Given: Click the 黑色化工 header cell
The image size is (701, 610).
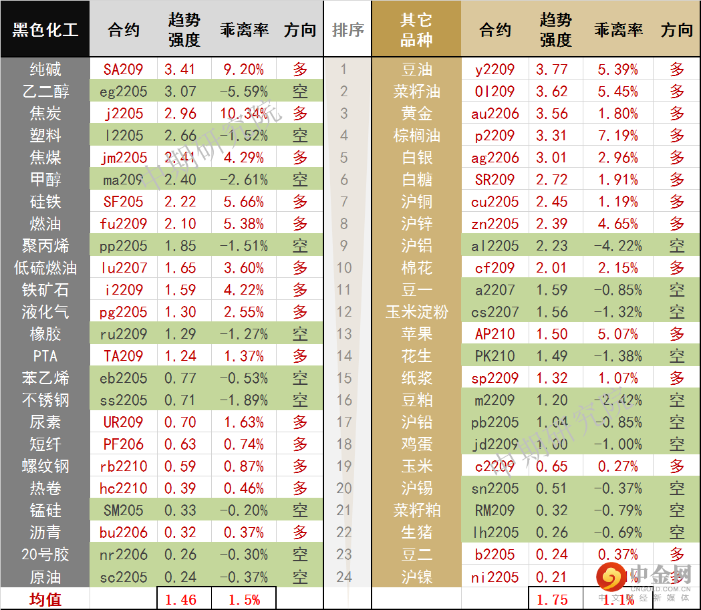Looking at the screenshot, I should pos(45,30).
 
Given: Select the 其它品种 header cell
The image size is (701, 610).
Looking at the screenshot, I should pos(416,30).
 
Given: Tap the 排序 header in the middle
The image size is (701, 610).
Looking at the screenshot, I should pos(347,30).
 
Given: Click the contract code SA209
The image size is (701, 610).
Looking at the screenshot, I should pos(124,69).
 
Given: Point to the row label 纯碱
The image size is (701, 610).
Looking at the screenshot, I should pos(45,69).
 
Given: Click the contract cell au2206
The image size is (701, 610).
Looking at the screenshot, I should pos(495,114).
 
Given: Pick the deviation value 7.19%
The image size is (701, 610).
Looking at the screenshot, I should pos(617,136).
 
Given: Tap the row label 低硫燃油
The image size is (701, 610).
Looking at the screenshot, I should pos(45,268).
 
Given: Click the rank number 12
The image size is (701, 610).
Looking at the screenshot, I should pos(344,312).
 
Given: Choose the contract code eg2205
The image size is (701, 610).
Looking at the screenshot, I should pos(124,92).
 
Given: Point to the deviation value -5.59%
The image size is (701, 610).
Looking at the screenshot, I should pos(244,92).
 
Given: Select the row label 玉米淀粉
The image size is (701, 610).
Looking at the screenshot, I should pos(416,312).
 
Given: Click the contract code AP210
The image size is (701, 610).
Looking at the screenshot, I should pos(495,334).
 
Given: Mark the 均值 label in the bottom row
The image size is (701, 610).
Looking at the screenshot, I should pos(45,599).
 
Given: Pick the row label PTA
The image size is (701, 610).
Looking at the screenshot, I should pos(45,356).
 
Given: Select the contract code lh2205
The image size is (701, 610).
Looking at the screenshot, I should pos(495,532).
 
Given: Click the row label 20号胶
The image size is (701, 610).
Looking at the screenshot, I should pos(45,555).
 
